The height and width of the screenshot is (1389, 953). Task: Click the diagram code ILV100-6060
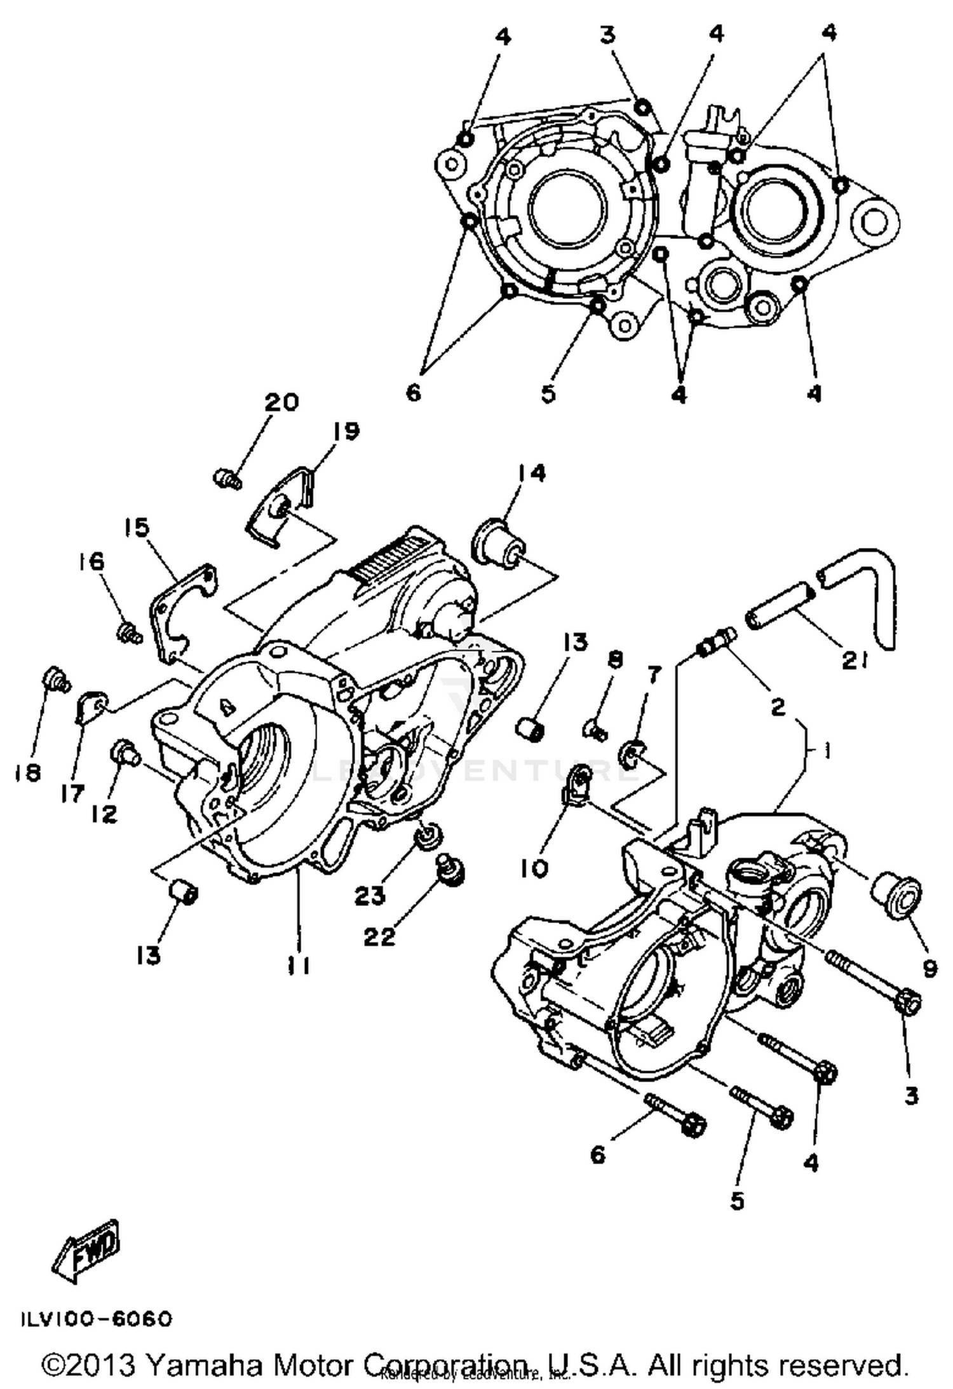pos(97,1319)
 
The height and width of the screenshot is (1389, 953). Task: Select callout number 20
pos(281,402)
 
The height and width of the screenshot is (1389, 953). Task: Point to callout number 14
pos(531,473)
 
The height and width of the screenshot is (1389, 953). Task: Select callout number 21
pos(854,661)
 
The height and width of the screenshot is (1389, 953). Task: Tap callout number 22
pos(379,936)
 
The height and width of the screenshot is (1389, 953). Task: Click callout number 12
pos(104,813)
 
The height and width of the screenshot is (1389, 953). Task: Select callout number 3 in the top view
pos(608,34)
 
